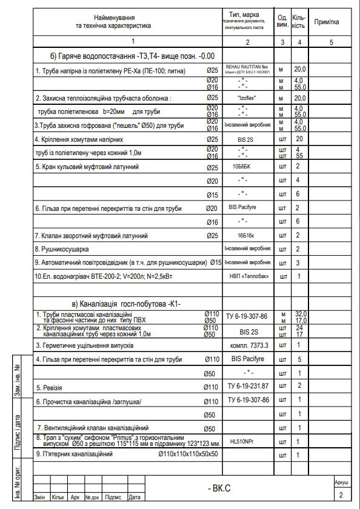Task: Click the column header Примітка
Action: coord(326,22)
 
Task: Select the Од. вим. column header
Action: coord(282,21)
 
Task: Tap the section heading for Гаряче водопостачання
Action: coord(133,56)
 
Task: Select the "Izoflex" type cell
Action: coord(247,98)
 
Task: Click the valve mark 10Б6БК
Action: coord(247,165)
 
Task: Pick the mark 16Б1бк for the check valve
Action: coord(247,236)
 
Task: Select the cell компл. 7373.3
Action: coord(247,345)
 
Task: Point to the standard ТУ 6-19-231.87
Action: coord(247,386)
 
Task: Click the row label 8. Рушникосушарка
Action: coord(62,249)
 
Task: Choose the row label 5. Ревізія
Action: coord(50,387)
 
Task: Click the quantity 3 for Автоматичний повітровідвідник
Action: coord(298,263)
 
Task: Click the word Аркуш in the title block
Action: coord(341,482)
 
